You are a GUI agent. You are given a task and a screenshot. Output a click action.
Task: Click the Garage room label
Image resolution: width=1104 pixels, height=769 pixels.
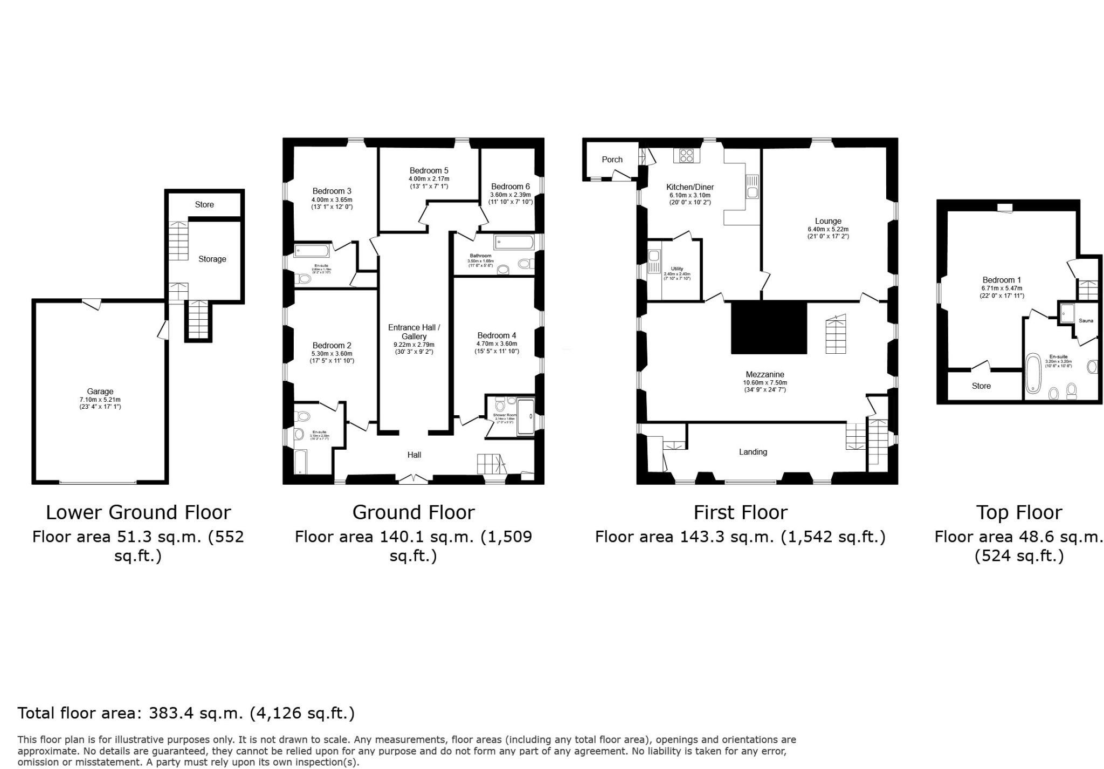pyautogui.click(x=100, y=392)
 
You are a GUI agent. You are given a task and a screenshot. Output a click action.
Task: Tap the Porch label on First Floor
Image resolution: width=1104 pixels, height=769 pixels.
pyautogui.click(x=612, y=160)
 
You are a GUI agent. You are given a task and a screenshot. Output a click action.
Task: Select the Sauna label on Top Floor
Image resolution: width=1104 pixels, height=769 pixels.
pyautogui.click(x=1086, y=321)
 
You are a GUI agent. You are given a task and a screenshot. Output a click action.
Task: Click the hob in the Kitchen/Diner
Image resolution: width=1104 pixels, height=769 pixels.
pyautogui.click(x=686, y=156)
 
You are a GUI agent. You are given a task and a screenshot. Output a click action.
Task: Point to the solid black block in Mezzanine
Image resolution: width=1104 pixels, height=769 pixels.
pyautogui.click(x=769, y=328)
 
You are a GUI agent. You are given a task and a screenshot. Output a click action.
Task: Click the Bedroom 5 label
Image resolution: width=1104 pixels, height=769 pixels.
pyautogui.click(x=429, y=170)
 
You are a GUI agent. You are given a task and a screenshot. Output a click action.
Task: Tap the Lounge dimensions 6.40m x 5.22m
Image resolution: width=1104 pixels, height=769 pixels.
pyautogui.click(x=828, y=229)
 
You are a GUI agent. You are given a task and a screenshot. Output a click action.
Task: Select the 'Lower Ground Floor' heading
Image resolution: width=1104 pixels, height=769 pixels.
pyautogui.click(x=138, y=512)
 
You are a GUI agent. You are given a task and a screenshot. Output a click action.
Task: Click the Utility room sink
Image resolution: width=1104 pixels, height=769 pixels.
pyautogui.click(x=654, y=262)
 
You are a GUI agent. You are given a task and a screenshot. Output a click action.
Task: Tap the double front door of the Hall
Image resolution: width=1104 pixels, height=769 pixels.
pyautogui.click(x=414, y=478)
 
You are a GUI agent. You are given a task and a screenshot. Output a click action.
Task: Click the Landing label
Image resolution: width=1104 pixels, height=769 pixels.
pyautogui.click(x=753, y=452)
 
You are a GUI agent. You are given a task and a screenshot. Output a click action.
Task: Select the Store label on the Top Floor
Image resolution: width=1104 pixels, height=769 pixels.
pyautogui.click(x=981, y=386)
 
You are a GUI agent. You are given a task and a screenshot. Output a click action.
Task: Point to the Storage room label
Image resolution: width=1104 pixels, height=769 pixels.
pyautogui.click(x=212, y=259)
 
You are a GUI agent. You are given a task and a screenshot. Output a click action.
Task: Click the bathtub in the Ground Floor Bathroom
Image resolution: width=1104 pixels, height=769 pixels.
pyautogui.click(x=514, y=242)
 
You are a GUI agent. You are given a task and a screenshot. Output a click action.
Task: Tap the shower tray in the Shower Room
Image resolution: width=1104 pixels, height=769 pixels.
pyautogui.click(x=525, y=417)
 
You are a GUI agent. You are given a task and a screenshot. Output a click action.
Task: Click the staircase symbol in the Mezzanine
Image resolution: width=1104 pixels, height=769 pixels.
pyautogui.click(x=836, y=334)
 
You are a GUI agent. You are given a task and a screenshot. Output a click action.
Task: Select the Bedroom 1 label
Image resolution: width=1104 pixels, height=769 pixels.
pyautogui.click(x=1002, y=280)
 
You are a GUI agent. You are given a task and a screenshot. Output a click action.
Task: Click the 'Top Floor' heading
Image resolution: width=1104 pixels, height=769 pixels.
pyautogui.click(x=1019, y=512)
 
